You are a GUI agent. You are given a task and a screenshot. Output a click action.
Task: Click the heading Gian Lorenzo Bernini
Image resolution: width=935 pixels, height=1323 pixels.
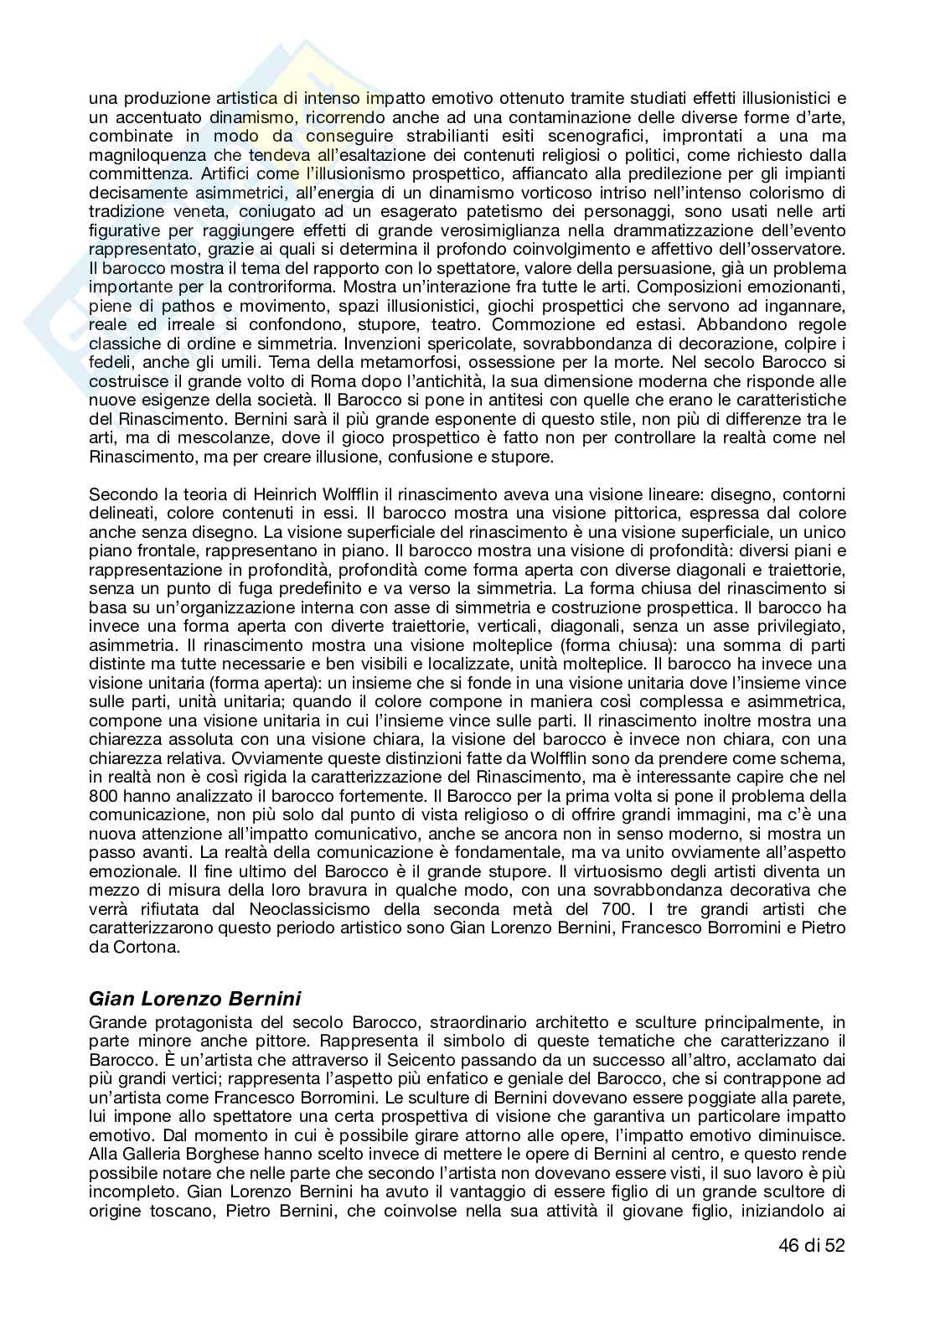click(x=194, y=998)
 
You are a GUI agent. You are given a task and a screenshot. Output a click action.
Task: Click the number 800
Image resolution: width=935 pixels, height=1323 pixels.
click(x=102, y=796)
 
